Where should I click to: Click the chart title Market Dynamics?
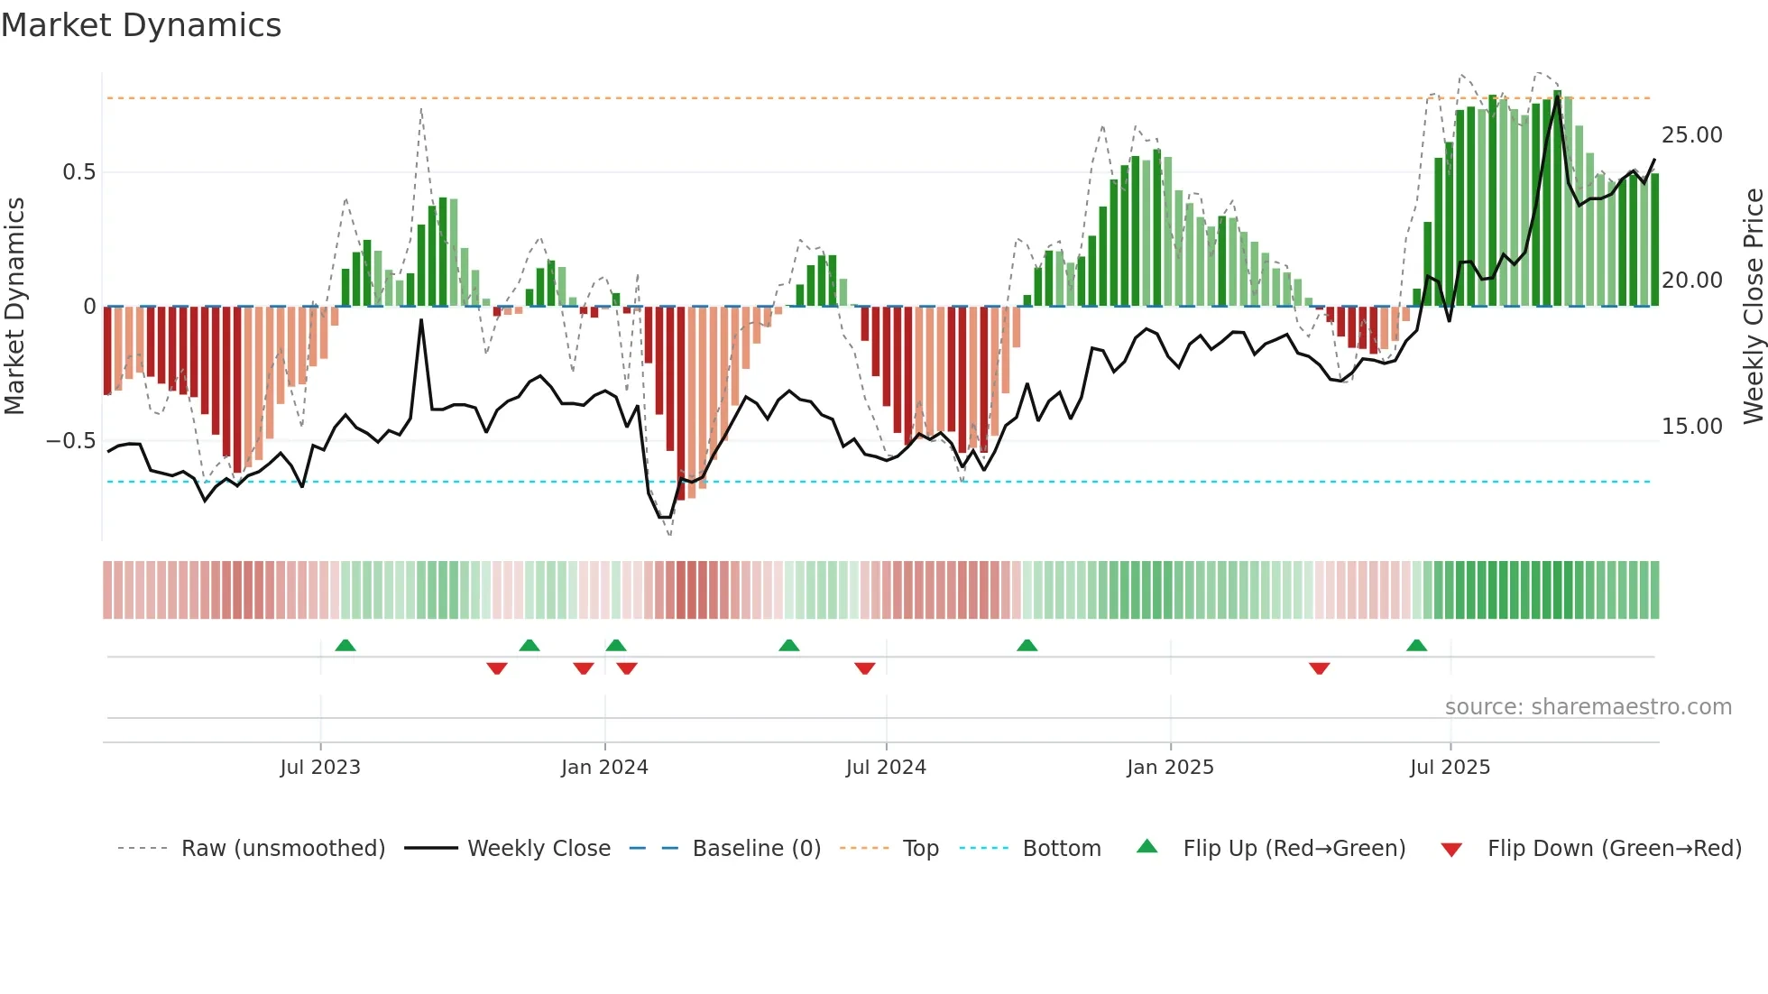point(141,25)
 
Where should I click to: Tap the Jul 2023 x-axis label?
point(320,768)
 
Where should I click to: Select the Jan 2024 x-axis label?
point(604,768)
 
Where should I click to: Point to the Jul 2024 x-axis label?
point(886,768)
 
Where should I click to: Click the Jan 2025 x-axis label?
point(1170,768)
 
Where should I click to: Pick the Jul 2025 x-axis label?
point(1450,768)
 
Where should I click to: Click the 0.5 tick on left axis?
point(78,172)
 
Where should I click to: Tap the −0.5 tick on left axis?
point(71,441)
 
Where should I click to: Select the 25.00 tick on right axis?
point(1691,135)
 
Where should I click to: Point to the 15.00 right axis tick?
point(1691,427)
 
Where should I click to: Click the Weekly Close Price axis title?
point(1753,307)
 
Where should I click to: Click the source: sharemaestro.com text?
point(1588,707)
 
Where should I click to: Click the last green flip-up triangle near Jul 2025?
point(1416,646)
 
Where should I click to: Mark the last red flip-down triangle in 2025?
point(1319,668)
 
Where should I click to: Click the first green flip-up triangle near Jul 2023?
point(345,646)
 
